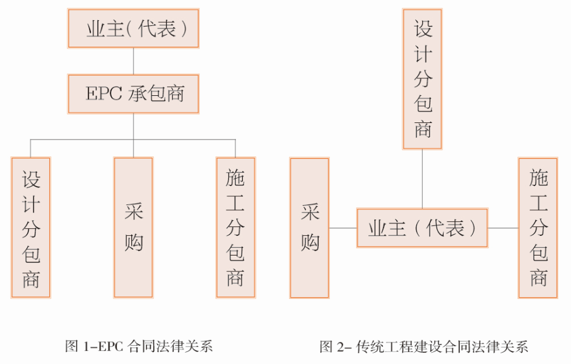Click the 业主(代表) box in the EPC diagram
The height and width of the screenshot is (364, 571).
pos(133,29)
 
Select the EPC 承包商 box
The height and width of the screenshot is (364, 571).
pos(133,94)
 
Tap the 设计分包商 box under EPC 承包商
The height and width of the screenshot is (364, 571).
pos(31,228)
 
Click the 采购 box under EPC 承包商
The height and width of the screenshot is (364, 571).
pos(133,228)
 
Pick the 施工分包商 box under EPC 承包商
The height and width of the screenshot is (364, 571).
pos(235,228)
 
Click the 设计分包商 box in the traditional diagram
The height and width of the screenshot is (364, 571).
pos(423,79)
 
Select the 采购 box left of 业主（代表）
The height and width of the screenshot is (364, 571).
pos(310,228)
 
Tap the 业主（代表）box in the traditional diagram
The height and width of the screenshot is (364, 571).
pos(422,228)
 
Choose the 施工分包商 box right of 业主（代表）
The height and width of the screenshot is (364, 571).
pos(538,228)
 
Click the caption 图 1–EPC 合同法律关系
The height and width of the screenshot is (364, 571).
pos(139,346)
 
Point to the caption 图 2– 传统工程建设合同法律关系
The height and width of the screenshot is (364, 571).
pos(423,346)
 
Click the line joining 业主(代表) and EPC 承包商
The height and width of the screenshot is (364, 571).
pos(133,61)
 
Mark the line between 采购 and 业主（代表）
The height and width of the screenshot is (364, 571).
pos(343,228)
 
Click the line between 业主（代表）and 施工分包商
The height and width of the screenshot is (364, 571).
pos(503,228)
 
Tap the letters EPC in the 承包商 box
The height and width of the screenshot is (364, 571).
pos(102,94)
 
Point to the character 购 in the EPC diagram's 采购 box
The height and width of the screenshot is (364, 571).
pos(133,242)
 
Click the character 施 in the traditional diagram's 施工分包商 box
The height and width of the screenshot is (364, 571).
pos(538,179)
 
